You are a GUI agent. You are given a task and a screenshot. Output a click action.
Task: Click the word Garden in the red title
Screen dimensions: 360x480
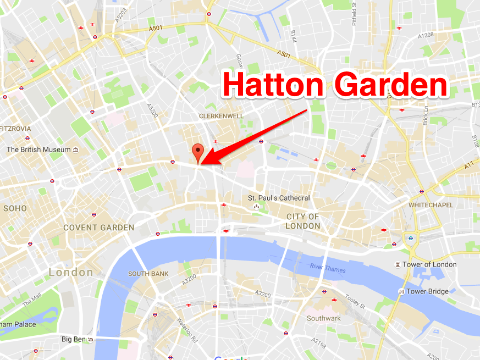(x=393, y=86)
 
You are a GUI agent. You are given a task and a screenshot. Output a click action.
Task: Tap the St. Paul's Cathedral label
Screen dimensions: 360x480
(x=279, y=198)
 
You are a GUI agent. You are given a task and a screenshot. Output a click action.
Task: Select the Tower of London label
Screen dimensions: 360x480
(x=429, y=264)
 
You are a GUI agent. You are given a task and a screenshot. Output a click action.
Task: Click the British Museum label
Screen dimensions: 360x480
(x=38, y=149)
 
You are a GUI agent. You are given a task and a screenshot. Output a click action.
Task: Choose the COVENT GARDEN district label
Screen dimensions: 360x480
(x=98, y=228)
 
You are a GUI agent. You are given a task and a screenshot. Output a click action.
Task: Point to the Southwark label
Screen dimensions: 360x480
(x=323, y=318)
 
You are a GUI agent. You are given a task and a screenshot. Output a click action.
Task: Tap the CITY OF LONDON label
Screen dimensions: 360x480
(x=303, y=221)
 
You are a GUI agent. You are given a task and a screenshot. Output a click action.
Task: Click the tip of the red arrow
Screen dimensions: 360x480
(x=202, y=163)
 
